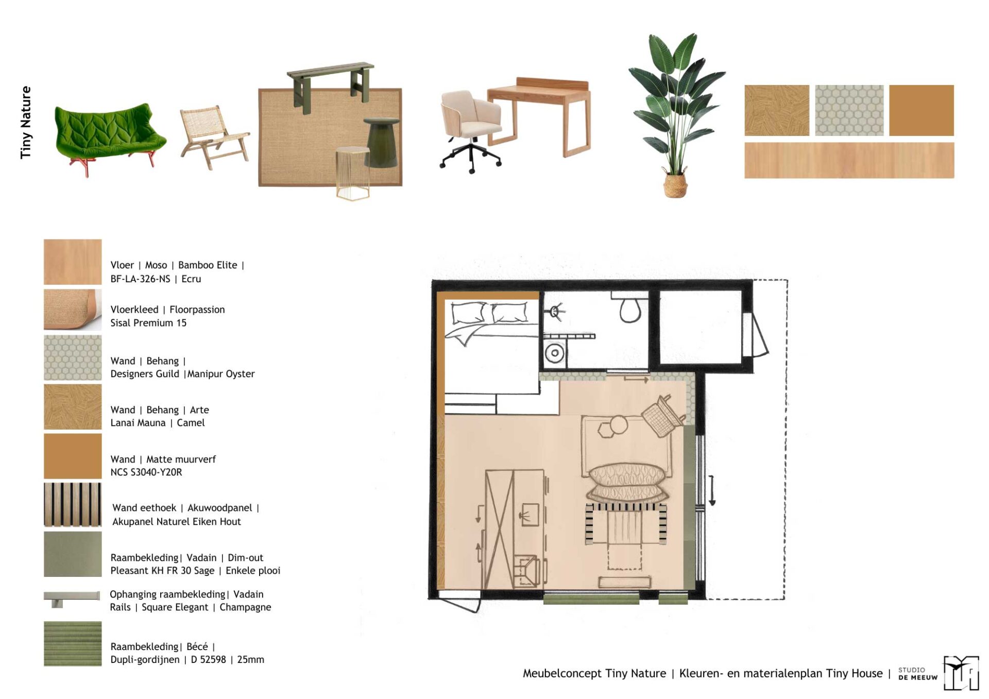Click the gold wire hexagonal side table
pyautogui.click(x=353, y=173)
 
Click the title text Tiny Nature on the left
pyautogui.click(x=25, y=123)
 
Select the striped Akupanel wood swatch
pyautogui.click(x=73, y=505)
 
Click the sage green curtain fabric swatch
pyautogui.click(x=73, y=554)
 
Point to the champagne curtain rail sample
pyautogui.click(x=72, y=598)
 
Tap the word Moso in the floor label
pyautogui.click(x=156, y=265)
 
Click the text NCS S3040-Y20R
pyautogui.click(x=146, y=472)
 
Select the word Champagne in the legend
pyautogui.click(x=245, y=607)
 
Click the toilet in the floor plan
pyautogui.click(x=629, y=308)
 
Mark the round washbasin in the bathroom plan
pyautogui.click(x=555, y=353)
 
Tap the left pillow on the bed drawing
pyautogui.click(x=468, y=313)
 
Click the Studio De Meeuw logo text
pyautogui.click(x=917, y=674)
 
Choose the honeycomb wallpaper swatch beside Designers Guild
pyautogui.click(x=73, y=358)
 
